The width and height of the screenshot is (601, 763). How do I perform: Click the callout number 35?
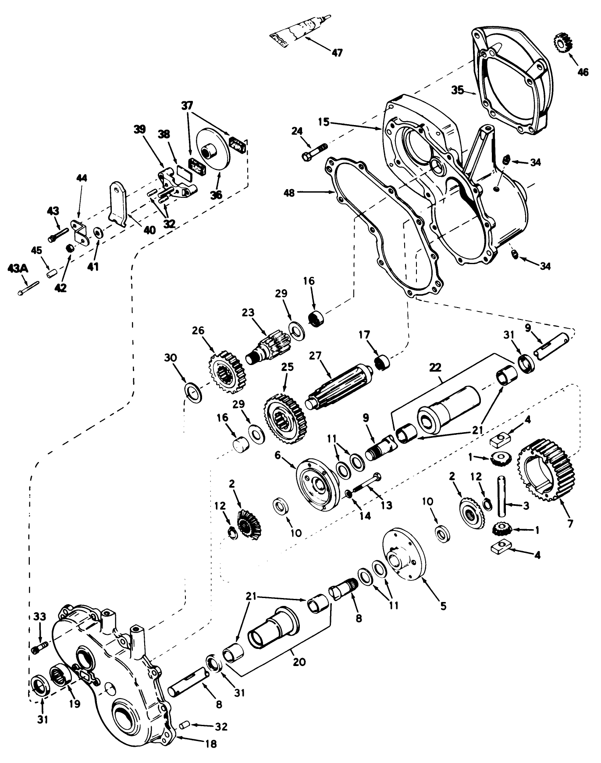tap(458, 91)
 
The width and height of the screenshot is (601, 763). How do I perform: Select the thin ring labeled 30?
tap(194, 390)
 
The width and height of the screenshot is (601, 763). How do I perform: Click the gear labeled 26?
tap(225, 371)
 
